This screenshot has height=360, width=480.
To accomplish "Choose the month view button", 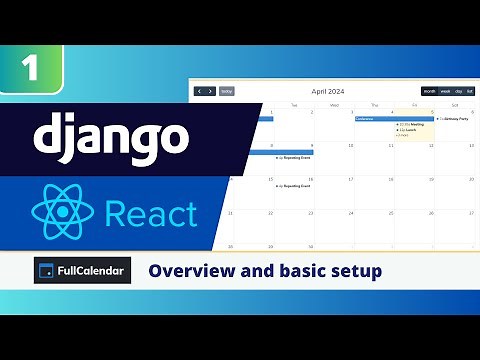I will tap(429, 91).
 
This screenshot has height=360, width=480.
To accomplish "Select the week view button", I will tap(444, 91).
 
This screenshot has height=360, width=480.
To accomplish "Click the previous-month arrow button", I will tap(199, 91).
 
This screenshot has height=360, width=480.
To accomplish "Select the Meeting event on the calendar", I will tap(413, 124).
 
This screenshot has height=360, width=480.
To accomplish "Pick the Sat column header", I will tap(455, 104).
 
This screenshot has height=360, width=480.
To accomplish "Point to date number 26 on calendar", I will tap(430, 212).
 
